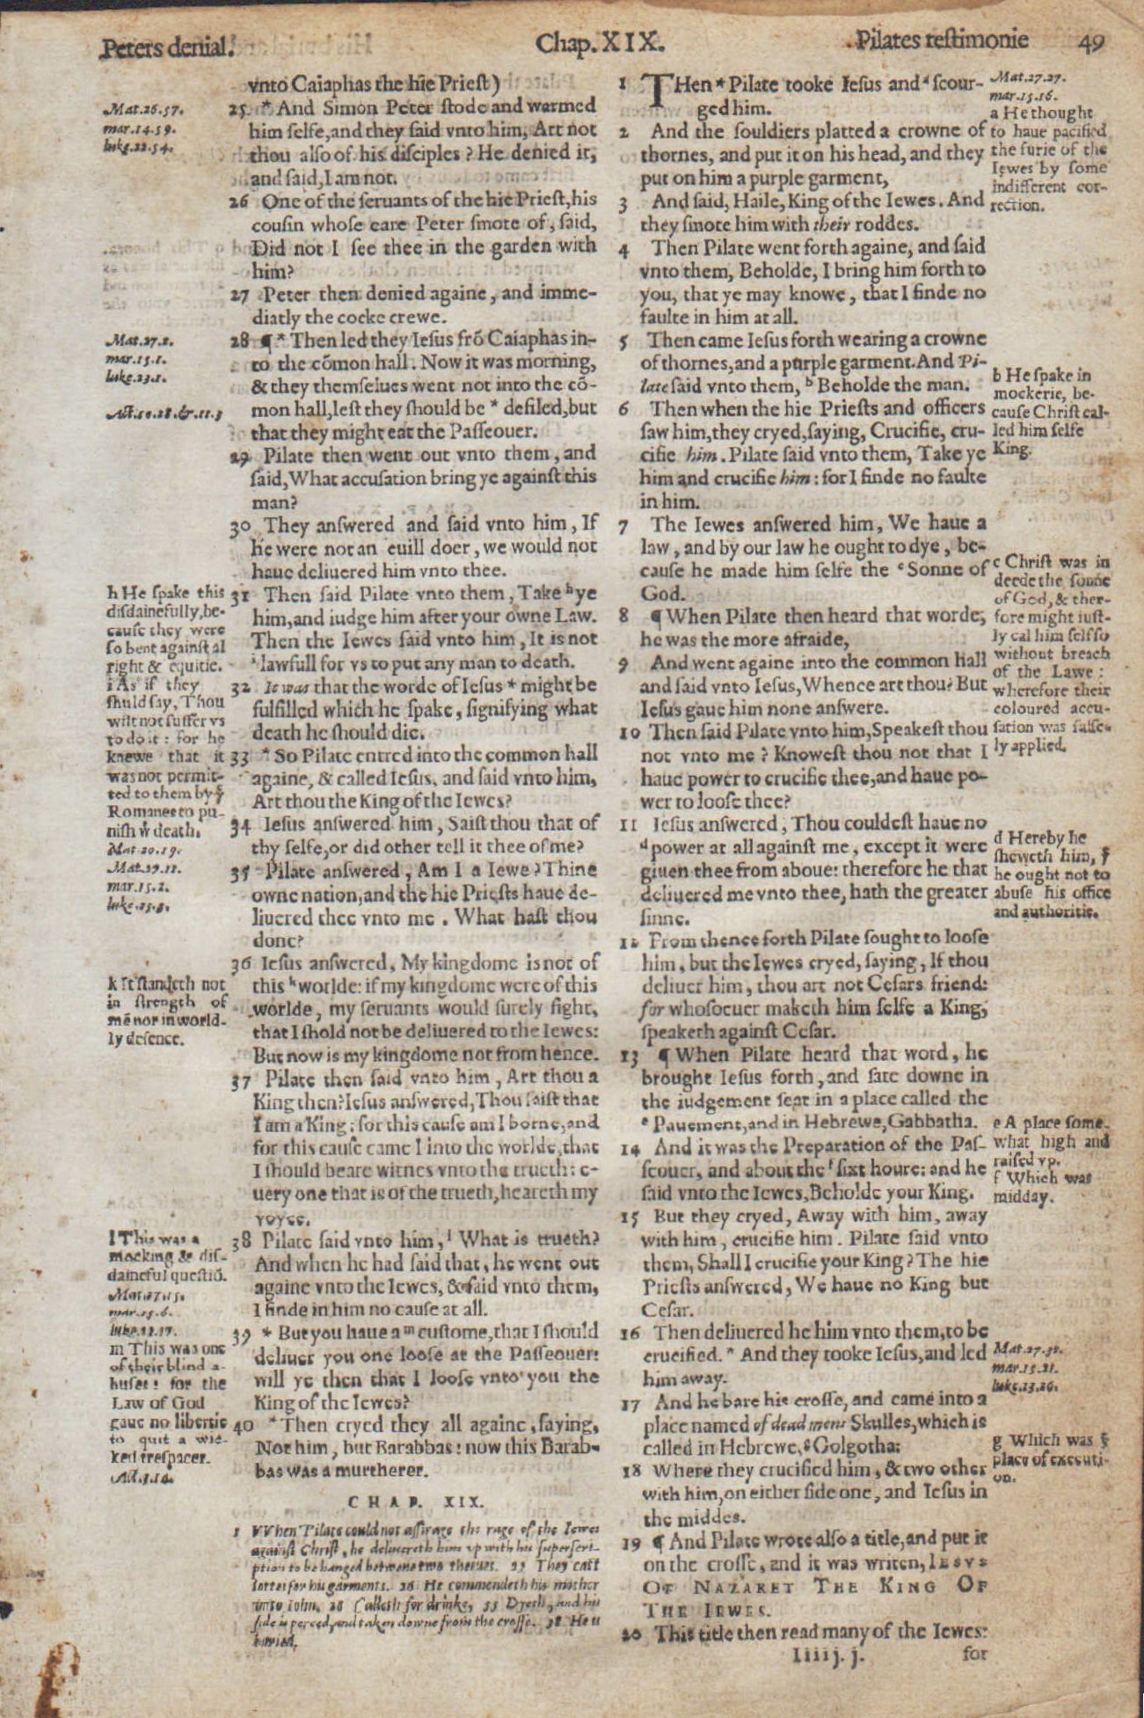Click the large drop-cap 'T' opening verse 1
pyautogui.click(x=659, y=91)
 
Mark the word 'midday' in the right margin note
pyautogui.click(x=1022, y=1197)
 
